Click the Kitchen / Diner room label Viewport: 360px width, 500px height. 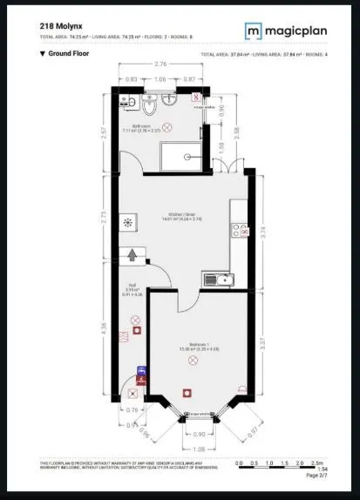point(180,216)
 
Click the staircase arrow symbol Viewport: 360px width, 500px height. point(132,255)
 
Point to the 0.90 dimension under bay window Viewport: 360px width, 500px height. point(198,433)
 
